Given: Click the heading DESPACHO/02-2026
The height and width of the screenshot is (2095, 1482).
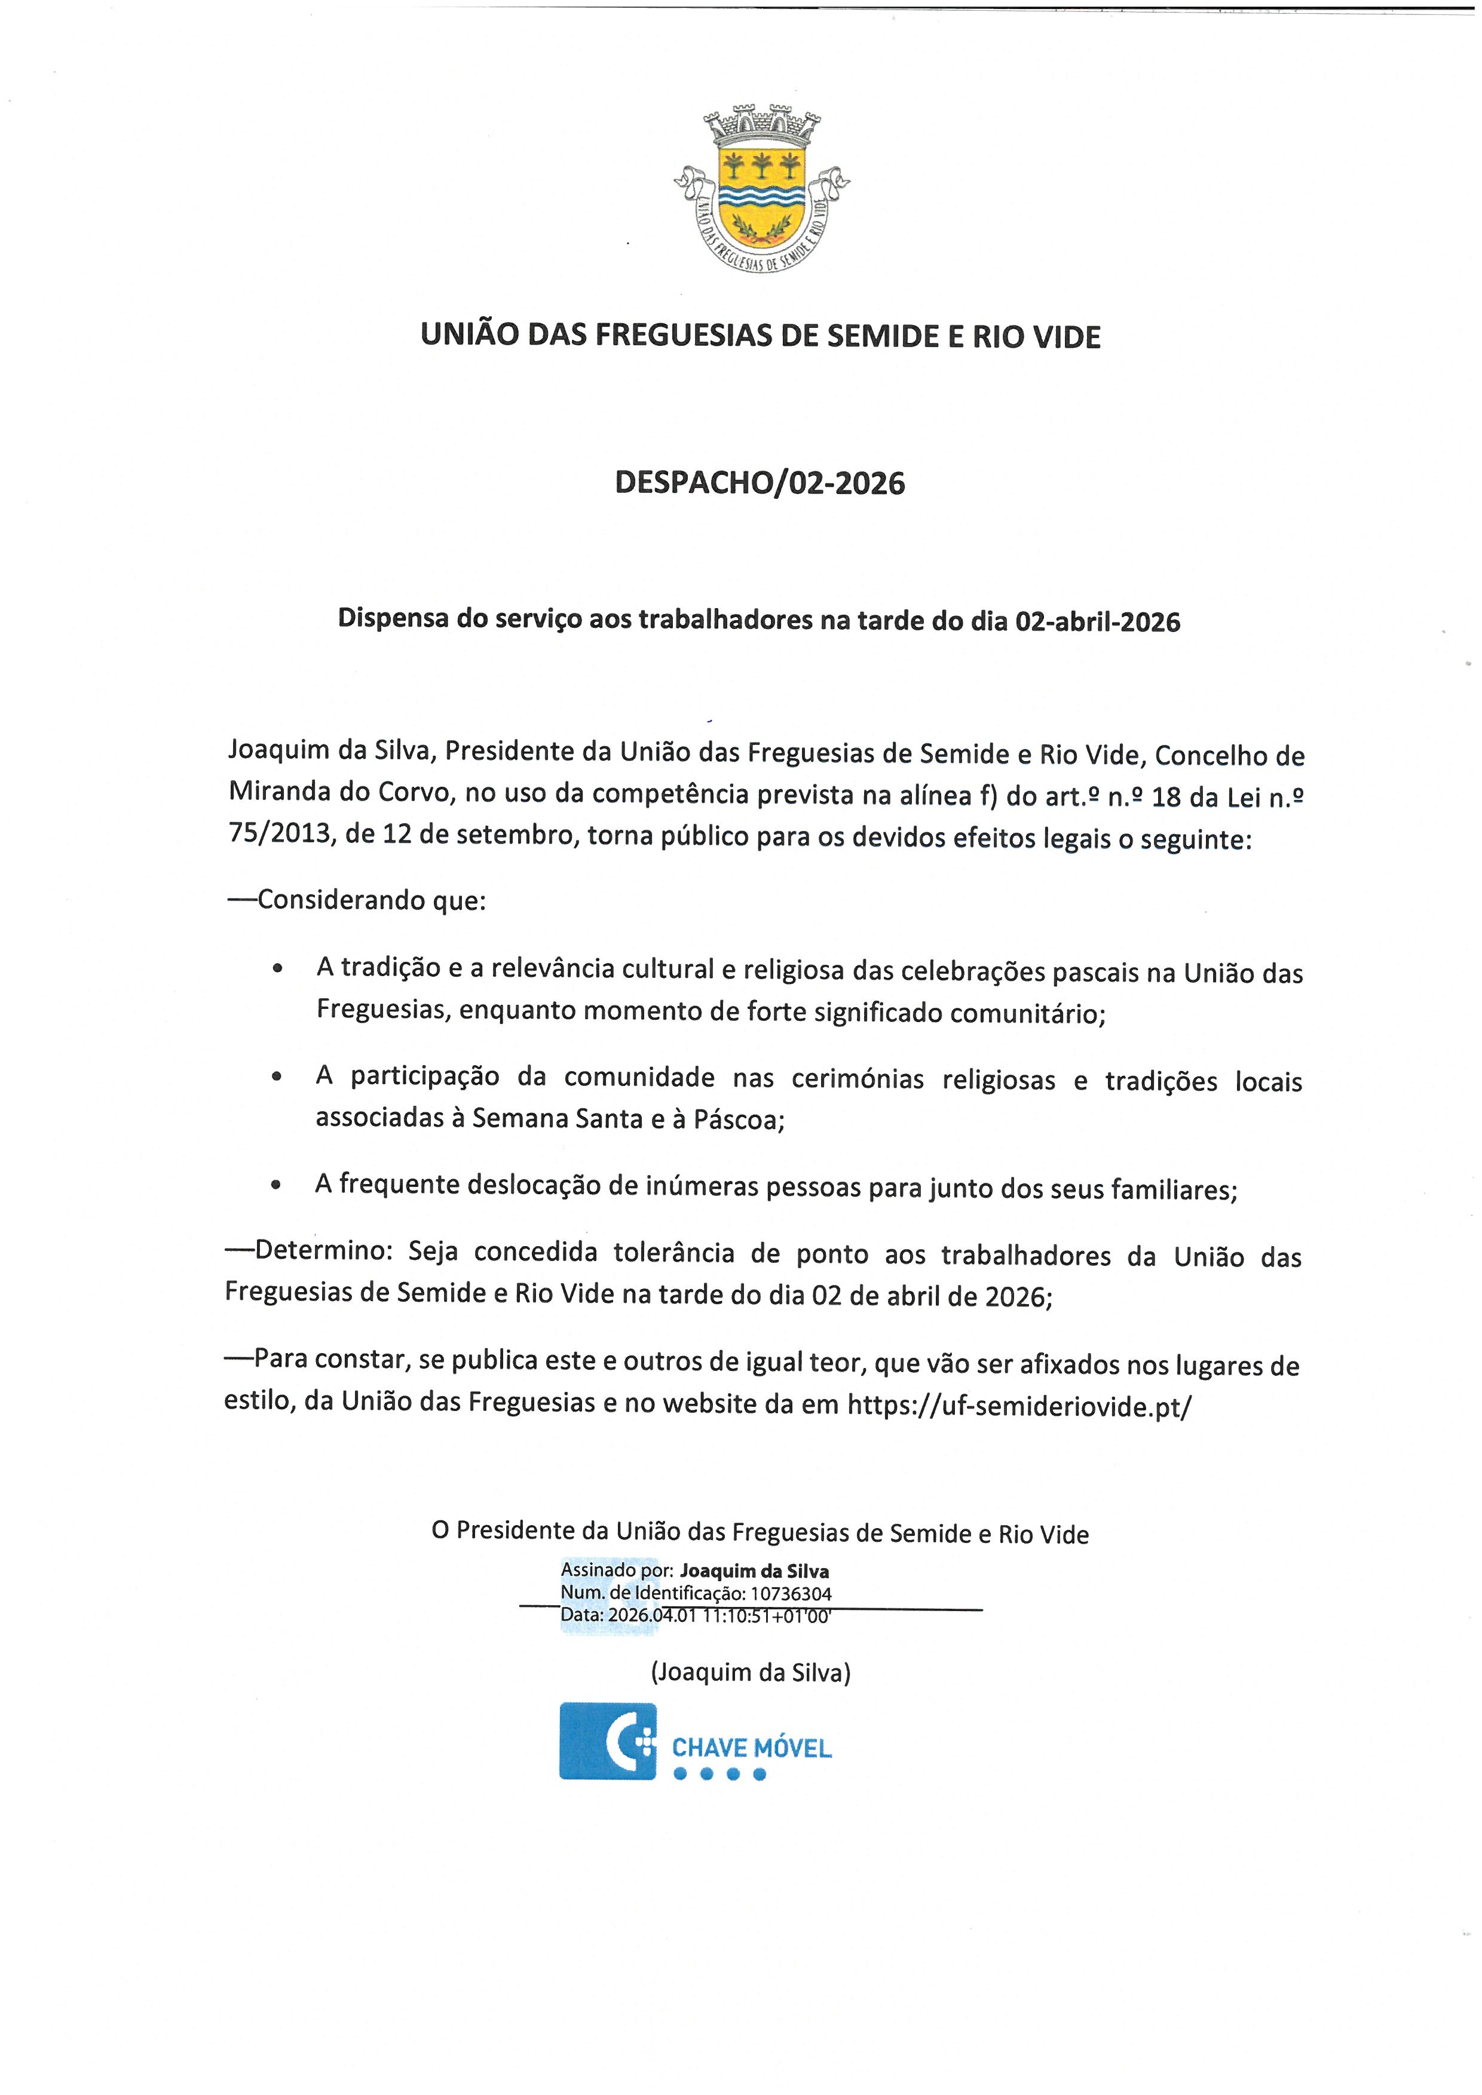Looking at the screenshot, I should [x=760, y=483].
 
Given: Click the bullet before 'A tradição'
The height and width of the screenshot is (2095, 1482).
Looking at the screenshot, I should [x=277, y=969].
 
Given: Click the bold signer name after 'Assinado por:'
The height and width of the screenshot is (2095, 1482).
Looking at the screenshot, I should [x=754, y=1571].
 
